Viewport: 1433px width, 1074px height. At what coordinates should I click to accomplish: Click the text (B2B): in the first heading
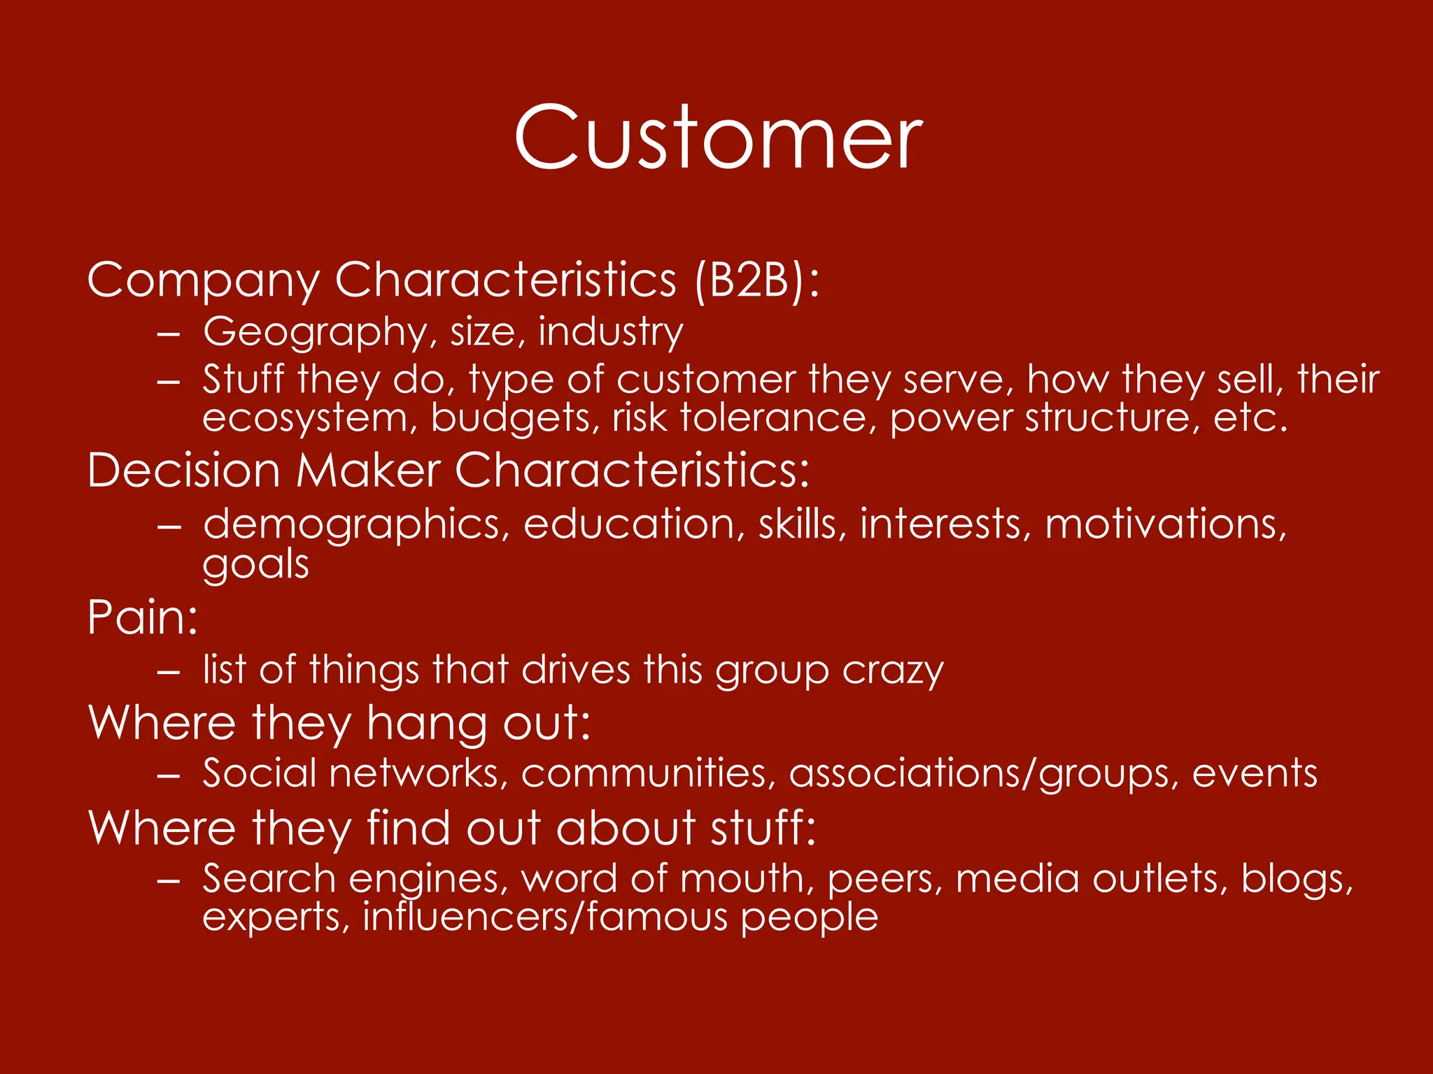point(756,280)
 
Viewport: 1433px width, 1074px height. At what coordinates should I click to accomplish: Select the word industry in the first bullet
point(610,331)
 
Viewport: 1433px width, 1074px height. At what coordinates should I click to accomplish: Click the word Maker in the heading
point(368,470)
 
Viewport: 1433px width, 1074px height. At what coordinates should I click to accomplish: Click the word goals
point(255,564)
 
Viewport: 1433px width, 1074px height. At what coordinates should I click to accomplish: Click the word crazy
point(893,671)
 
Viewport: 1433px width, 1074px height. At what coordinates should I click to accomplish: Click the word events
point(1255,773)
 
